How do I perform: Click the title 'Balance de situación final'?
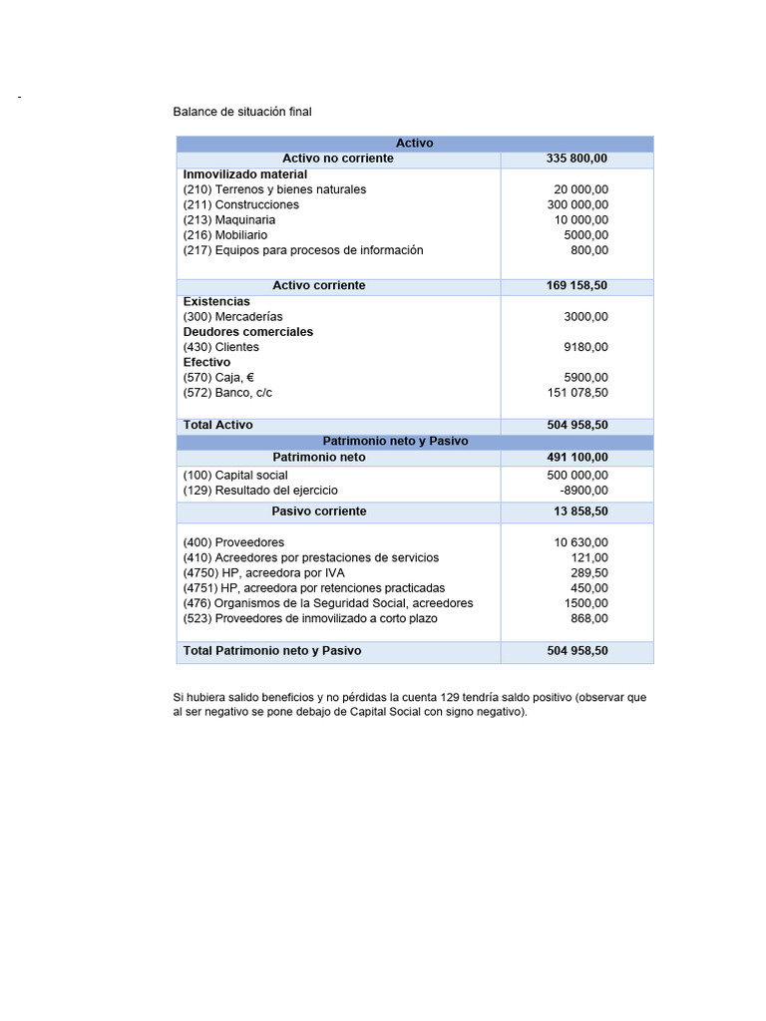(242, 112)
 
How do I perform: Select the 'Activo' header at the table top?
(415, 144)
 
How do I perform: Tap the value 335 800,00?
(576, 159)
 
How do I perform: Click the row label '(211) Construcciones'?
(240, 204)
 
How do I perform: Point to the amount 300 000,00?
(571, 204)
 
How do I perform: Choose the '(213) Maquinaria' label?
(229, 219)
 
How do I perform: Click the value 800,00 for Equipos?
(589, 250)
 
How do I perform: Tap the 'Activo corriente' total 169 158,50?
(576, 286)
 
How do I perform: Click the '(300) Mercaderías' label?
(232, 317)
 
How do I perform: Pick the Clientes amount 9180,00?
(585, 347)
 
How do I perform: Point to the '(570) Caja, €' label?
(218, 378)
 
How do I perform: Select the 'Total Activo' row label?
(218, 425)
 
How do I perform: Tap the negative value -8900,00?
(583, 491)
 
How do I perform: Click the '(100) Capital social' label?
(235, 476)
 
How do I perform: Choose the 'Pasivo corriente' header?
(319, 511)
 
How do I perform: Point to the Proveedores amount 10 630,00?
(580, 542)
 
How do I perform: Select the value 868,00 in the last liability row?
(589, 618)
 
